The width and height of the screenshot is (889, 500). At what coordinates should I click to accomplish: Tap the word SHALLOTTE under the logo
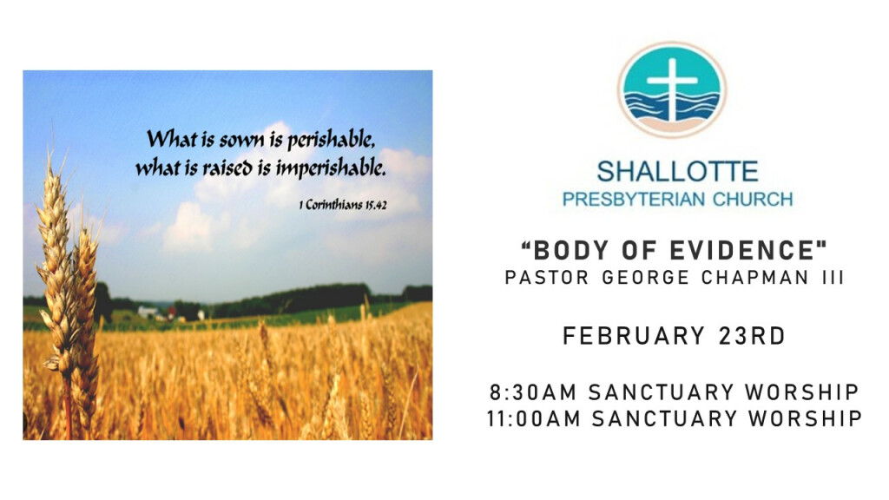[x=677, y=171]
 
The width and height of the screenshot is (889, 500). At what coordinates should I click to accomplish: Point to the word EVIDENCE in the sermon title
[x=747, y=250]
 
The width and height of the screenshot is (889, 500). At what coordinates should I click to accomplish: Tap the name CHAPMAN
[x=755, y=278]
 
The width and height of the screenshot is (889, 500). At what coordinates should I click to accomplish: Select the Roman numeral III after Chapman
[x=833, y=278]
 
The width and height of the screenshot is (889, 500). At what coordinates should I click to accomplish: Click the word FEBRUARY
[x=633, y=336]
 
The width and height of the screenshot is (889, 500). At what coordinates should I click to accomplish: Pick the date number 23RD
[x=752, y=336]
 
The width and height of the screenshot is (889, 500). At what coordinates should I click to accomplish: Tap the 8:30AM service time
[x=534, y=392]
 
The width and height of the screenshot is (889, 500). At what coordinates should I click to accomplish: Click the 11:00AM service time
[x=534, y=419]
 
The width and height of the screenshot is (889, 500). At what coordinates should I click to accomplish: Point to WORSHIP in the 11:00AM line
[x=805, y=419]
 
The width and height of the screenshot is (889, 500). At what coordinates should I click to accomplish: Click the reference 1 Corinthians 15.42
[x=343, y=205]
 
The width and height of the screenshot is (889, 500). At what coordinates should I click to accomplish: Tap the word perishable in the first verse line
[x=331, y=140]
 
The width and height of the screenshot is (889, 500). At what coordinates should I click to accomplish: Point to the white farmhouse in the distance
[x=148, y=311]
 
